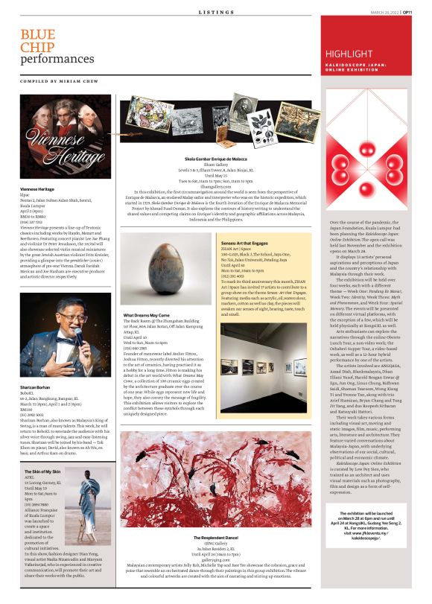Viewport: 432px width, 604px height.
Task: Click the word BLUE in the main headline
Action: pyautogui.click(x=37, y=34)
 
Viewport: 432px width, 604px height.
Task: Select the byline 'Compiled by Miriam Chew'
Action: pyautogui.click(x=60, y=80)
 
